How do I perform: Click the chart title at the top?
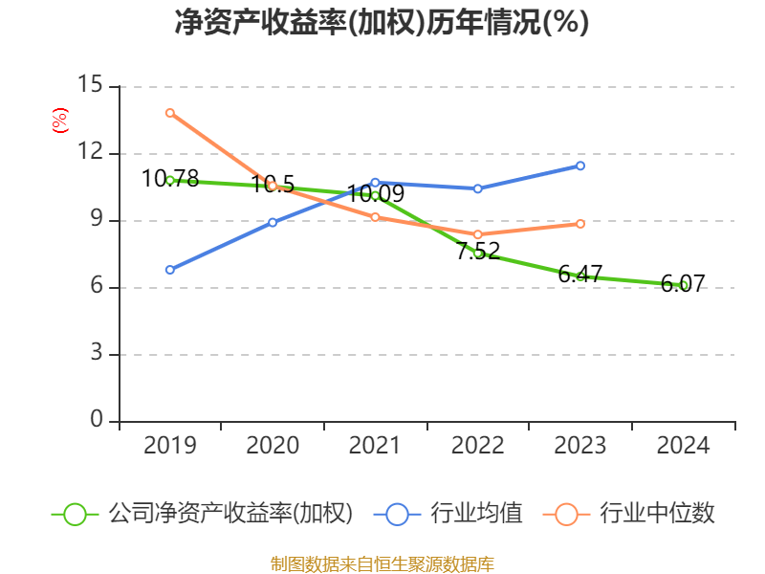tap(382, 22)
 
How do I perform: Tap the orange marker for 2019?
tap(170, 113)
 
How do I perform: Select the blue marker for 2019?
tap(170, 270)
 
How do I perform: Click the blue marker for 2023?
tap(580, 166)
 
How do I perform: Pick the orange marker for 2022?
tap(477, 234)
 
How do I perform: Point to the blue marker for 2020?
tap(273, 223)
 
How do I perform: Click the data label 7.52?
tap(478, 251)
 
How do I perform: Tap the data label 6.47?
tap(580, 274)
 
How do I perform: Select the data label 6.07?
tap(683, 283)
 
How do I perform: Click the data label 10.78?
tap(170, 178)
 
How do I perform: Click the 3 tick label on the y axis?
tap(97, 352)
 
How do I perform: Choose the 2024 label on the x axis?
tap(683, 445)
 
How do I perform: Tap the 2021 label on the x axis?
tap(375, 445)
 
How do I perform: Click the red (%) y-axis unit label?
tap(60, 121)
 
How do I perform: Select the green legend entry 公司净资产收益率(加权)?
tap(202, 514)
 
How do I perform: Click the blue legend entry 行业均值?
tap(448, 514)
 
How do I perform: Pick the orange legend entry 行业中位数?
tap(629, 514)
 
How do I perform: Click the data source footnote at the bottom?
tap(382, 564)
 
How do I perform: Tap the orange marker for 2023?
tap(580, 224)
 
